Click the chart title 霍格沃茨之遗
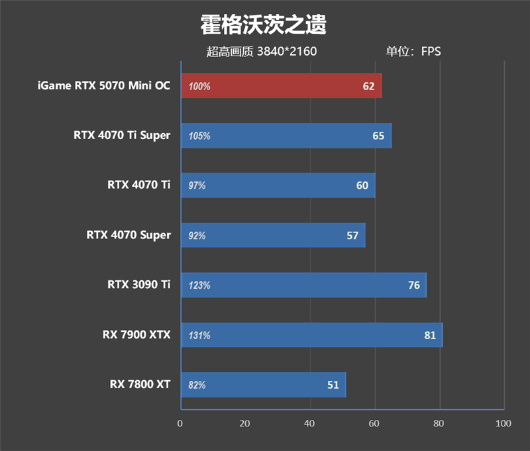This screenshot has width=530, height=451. point(264,26)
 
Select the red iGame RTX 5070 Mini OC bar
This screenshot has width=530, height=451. point(280,86)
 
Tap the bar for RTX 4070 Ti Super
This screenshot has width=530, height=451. point(286,136)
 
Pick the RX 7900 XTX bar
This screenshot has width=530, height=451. point(311,335)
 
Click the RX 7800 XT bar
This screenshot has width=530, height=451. point(262,385)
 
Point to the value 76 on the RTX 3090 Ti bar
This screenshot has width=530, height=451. point(414,285)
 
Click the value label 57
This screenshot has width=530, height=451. point(352,235)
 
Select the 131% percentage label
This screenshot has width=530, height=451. point(199,336)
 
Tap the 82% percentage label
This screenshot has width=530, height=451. point(197,385)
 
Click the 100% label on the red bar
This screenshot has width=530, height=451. point(199,87)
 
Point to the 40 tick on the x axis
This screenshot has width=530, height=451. point(309,423)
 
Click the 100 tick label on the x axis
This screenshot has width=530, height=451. point(503,423)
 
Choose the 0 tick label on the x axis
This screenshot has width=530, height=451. point(180,423)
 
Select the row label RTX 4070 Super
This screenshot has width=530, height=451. point(129,235)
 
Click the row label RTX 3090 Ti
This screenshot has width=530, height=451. point(138,285)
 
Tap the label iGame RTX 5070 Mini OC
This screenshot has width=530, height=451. point(104,86)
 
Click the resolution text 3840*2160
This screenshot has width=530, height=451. point(287,51)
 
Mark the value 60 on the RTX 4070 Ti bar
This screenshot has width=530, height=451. point(362,185)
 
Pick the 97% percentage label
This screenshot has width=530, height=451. point(197,186)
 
